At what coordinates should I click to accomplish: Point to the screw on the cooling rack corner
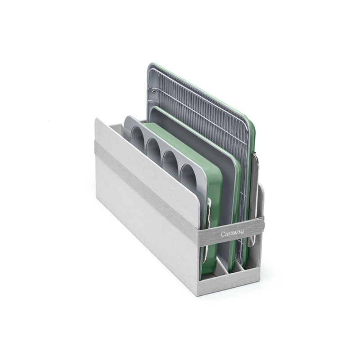tap(153, 92)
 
